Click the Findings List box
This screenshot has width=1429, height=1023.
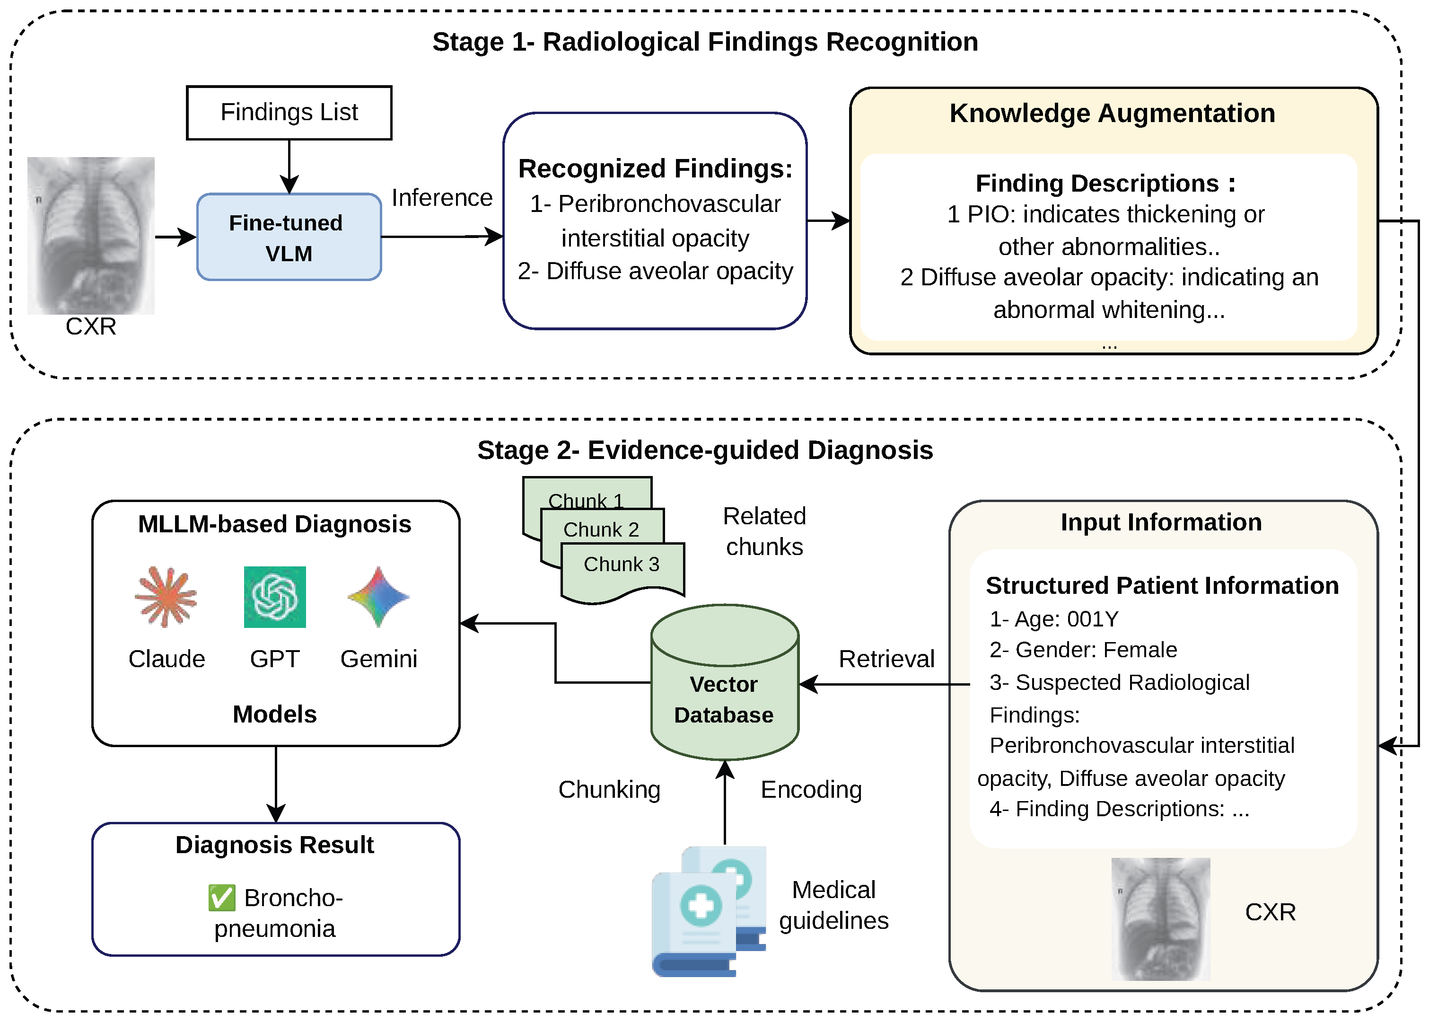(289, 113)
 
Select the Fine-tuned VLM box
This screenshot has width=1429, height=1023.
(289, 238)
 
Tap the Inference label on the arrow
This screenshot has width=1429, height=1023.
(441, 198)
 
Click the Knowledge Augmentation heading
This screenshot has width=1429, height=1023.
(1112, 114)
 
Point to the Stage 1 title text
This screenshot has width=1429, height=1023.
(705, 42)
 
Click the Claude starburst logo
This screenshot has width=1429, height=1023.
(166, 597)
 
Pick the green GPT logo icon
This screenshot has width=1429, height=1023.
(275, 597)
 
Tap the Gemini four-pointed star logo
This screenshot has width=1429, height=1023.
(378, 597)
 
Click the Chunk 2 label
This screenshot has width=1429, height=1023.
(601, 530)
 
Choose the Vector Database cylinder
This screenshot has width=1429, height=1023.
(724, 683)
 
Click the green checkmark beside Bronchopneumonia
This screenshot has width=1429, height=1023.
(222, 898)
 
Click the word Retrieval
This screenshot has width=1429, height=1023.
(886, 659)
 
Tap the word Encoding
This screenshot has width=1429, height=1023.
(811, 789)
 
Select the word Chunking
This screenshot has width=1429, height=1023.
(609, 789)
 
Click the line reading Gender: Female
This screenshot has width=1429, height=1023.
(1083, 650)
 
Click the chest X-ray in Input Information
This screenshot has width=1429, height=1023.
(1160, 918)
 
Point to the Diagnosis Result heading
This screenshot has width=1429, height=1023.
(275, 845)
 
